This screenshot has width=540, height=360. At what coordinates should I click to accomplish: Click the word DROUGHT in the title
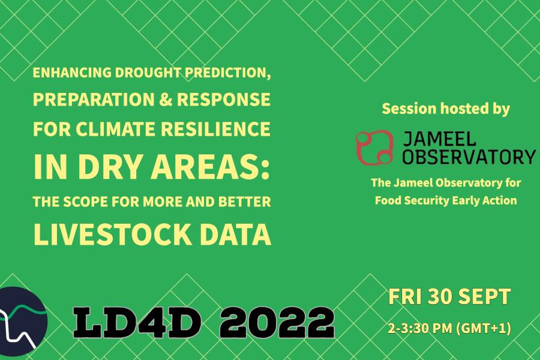[x=148, y=73]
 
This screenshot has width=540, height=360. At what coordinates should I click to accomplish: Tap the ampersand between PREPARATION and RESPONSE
[x=166, y=99]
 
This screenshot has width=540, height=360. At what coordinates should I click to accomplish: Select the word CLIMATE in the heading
[x=116, y=129]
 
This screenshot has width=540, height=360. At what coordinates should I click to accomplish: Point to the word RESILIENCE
[x=215, y=129]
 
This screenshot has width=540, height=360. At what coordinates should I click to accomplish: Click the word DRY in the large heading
[x=110, y=167]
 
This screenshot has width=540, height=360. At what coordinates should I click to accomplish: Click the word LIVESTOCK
[x=112, y=234]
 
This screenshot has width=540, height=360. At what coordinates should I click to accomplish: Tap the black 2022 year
[x=277, y=322]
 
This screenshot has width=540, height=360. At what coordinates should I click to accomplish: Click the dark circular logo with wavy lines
[x=22, y=321]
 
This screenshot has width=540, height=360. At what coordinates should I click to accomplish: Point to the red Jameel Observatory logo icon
[x=374, y=148]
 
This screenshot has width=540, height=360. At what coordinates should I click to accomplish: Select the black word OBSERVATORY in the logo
[x=469, y=157]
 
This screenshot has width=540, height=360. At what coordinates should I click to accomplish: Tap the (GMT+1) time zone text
[x=484, y=328]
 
